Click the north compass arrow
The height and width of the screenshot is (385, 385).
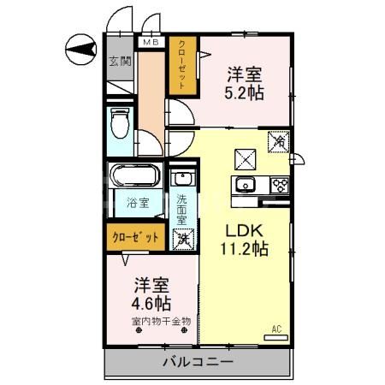click(80, 50)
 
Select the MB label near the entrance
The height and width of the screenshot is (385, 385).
click(150, 42)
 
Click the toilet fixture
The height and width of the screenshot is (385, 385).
click(121, 124)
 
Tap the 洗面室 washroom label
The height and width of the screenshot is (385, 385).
click(182, 210)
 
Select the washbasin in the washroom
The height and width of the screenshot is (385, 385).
click(181, 181)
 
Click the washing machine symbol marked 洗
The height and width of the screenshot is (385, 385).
click(181, 239)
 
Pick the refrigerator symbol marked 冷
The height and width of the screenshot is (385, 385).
click(279, 142)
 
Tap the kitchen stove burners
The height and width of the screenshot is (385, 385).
click(279, 185)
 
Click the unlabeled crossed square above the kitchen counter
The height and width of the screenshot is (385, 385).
click(246, 157)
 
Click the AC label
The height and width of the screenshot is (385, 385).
click(276, 329)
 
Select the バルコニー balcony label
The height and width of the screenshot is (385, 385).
click(198, 363)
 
